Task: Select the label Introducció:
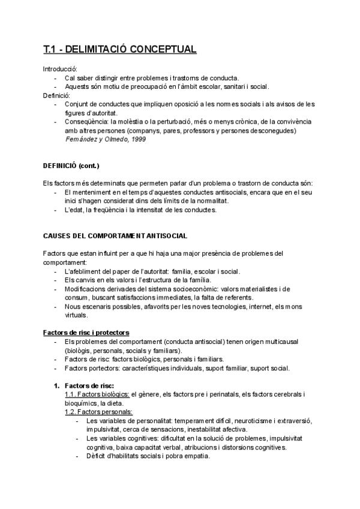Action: click(61, 69)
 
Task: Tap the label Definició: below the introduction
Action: click(57, 95)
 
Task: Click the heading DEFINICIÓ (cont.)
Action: click(71, 165)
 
